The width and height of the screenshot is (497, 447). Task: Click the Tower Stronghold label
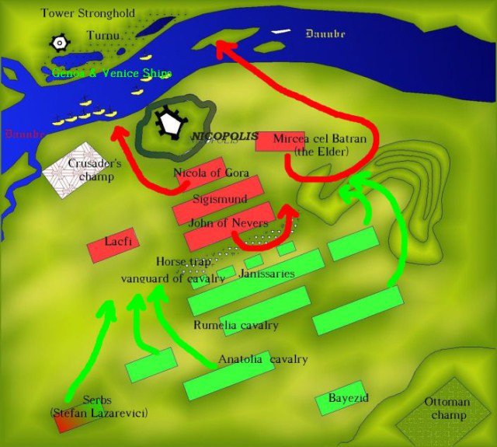point(88,13)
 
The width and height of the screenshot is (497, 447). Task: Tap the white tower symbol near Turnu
point(57,44)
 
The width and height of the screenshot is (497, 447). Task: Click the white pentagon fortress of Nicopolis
point(169,123)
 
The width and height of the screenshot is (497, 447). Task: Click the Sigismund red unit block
point(220,201)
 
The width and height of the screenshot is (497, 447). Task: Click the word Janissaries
point(267,274)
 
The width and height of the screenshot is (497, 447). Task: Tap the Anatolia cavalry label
point(263,359)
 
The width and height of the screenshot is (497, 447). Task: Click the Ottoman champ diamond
point(446,410)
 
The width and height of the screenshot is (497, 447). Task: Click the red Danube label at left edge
point(20,134)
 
